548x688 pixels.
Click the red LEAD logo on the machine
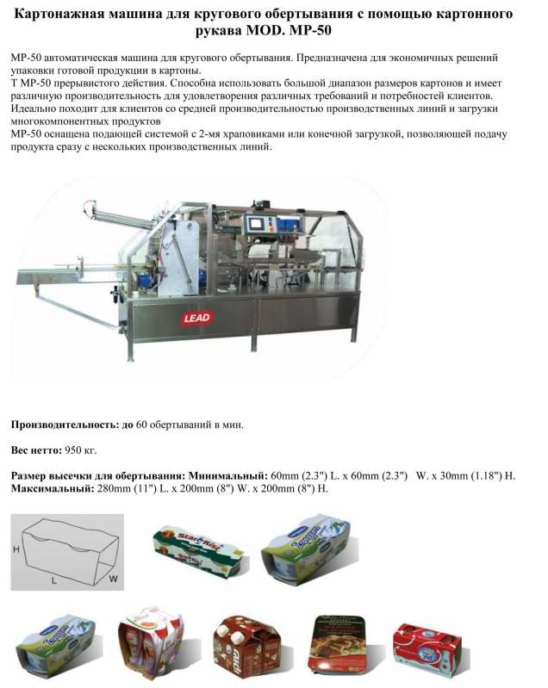pyautogui.click(x=198, y=318)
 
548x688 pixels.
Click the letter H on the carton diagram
pyautogui.click(x=16, y=549)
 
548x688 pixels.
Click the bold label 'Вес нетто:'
pyautogui.click(x=35, y=450)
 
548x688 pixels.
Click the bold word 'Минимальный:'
pyautogui.click(x=227, y=476)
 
